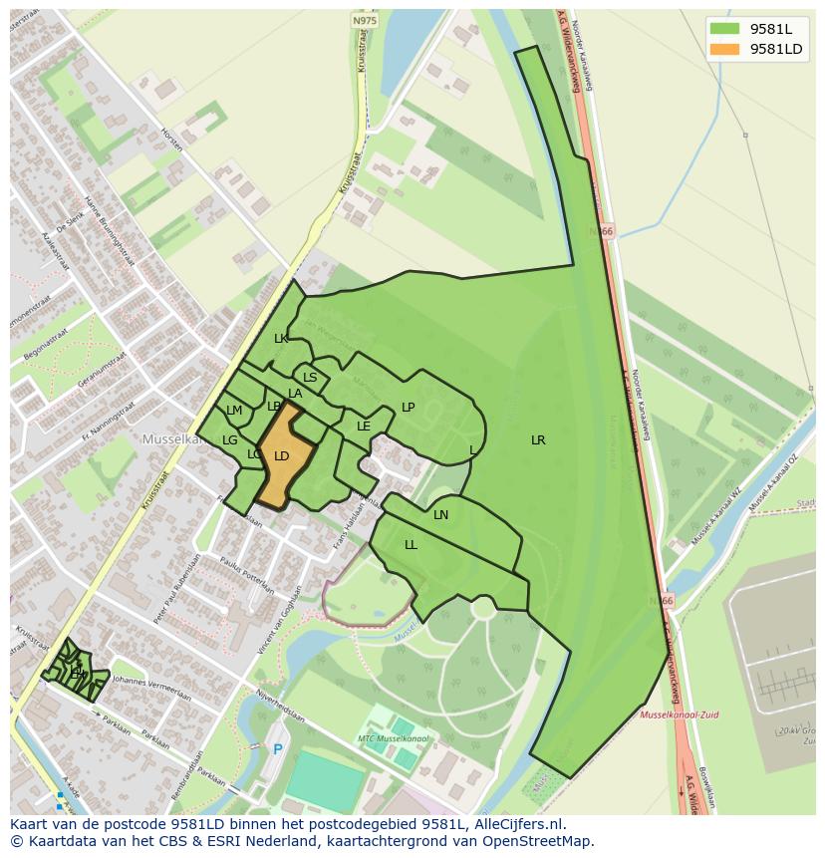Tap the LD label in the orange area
(282, 456)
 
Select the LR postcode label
(538, 439)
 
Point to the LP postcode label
(408, 408)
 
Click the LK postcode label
(281, 339)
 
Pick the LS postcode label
(310, 378)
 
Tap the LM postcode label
(234, 411)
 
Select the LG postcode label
(230, 440)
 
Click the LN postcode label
(440, 515)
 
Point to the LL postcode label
(411, 545)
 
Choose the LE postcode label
(364, 427)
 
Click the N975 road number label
(365, 20)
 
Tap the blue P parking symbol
(278, 749)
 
